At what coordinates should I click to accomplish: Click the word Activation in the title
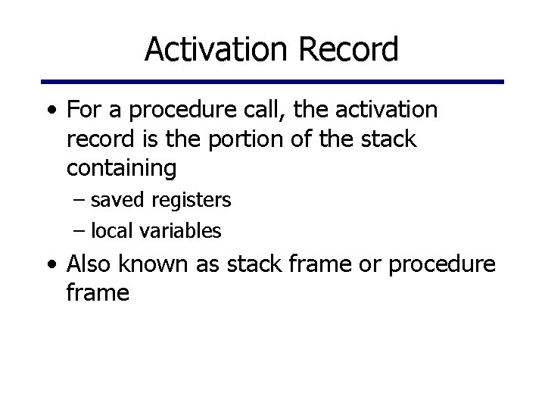point(214,50)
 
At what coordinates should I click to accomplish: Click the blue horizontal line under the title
point(272,81)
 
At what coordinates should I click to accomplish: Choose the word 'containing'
point(121,168)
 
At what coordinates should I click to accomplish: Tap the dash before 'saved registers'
point(81,201)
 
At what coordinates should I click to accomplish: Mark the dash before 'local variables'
point(81,231)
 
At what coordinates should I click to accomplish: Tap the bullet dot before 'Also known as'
point(51,264)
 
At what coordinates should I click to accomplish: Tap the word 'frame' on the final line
point(98,292)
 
